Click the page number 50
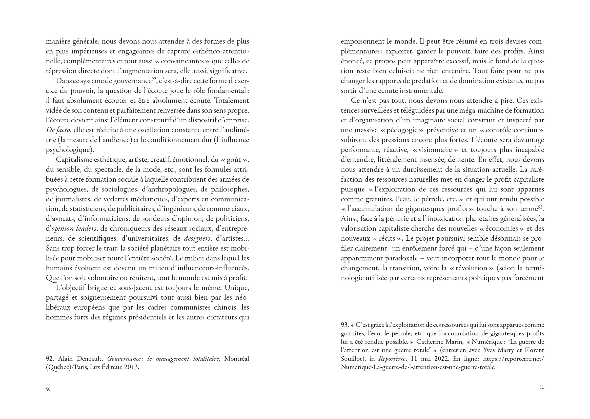click(x=48, y=389)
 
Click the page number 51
click(x=542, y=387)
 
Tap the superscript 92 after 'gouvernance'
click(x=154, y=79)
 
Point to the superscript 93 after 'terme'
click(x=541, y=207)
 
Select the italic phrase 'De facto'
click(x=58, y=130)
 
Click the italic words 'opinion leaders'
click(x=74, y=228)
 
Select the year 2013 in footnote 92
click(x=131, y=367)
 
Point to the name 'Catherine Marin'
click(x=438, y=342)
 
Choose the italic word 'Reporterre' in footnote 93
click(x=392, y=359)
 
